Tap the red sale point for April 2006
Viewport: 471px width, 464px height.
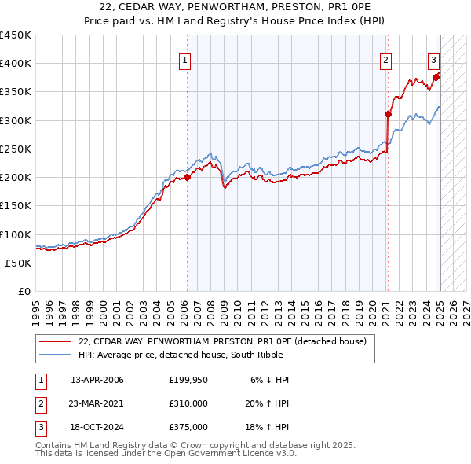click(188, 177)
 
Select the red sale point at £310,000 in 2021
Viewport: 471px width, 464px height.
click(388, 114)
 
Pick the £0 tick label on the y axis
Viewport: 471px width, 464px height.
click(25, 291)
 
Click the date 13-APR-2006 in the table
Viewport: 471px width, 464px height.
click(97, 380)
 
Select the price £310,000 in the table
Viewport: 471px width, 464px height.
click(188, 403)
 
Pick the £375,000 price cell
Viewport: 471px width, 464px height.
click(188, 427)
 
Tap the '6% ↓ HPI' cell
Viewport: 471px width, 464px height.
click(270, 380)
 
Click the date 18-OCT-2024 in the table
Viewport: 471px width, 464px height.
click(97, 427)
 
